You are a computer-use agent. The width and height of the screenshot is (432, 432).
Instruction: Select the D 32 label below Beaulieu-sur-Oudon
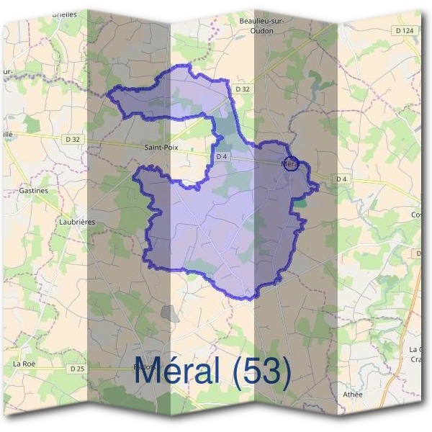pos(243,89)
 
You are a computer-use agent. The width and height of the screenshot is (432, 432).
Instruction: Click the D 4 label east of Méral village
pos(341,179)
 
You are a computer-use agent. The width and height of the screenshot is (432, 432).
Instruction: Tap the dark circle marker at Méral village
pos(291,163)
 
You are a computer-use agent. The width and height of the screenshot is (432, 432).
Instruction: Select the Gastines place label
pos(35,191)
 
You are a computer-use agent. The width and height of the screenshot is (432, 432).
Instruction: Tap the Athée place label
pos(354,395)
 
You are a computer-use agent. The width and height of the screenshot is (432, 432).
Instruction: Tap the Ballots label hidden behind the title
pos(145,366)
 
